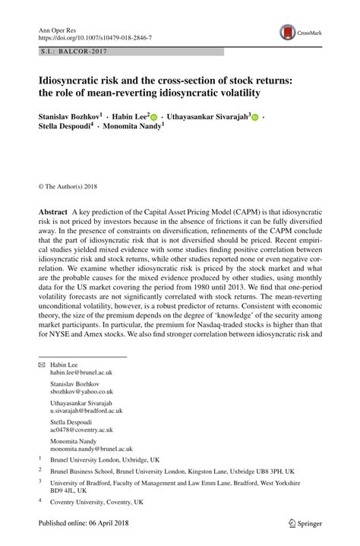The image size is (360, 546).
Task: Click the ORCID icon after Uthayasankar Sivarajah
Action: pyautogui.click(x=255, y=119)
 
